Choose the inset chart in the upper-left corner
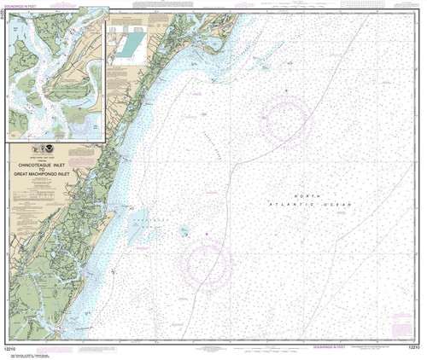[56, 73]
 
